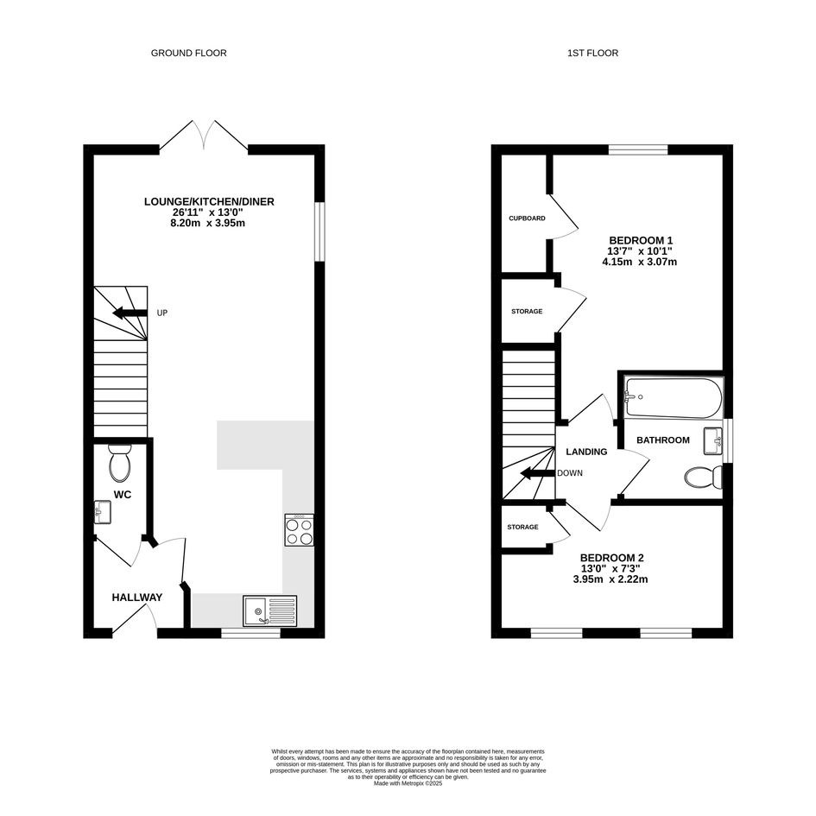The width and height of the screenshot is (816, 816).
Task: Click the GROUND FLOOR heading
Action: coord(188,53)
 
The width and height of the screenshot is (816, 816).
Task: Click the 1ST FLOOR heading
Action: coord(592,53)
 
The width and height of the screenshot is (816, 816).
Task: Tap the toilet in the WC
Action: coord(120,463)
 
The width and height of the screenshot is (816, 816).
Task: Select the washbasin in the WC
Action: coord(103,511)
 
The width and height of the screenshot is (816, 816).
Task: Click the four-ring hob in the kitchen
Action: coord(300,530)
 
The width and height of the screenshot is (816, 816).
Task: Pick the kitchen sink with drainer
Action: coord(269,611)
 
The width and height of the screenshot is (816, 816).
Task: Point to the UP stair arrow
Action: coord(130,313)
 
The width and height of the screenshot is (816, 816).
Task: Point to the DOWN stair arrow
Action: coord(538,473)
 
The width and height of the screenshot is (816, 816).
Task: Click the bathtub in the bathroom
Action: coord(674,398)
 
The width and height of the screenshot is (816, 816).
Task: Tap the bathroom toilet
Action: coord(704,478)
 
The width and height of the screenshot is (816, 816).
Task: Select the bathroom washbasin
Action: coord(713,441)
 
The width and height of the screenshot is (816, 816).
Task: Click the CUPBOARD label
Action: coord(528,218)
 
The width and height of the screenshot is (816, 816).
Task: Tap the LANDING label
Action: coord(586,452)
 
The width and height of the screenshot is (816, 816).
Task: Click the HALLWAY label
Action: coord(137,598)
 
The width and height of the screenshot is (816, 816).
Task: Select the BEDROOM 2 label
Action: coord(612,558)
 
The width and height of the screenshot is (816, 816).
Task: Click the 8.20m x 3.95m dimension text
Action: coord(209,224)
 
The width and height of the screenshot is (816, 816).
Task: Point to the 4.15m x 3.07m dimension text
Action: coord(640,262)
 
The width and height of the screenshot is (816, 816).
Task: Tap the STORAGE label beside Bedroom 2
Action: coord(523,528)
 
